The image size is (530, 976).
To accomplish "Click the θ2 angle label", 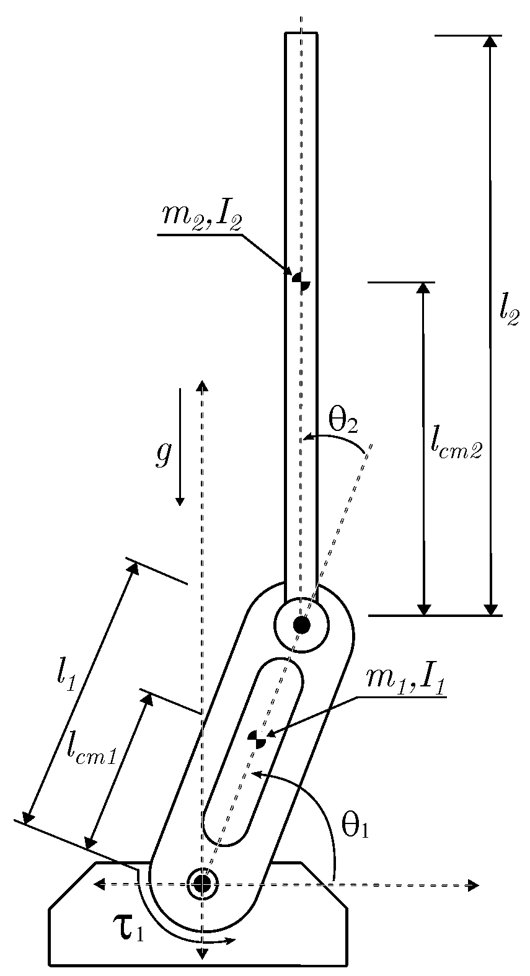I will coord(343,423).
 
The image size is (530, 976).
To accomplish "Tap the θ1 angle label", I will coord(355,826).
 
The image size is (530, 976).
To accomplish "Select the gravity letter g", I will coord(163,455).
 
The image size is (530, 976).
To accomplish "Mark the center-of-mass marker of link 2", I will coord(301,281).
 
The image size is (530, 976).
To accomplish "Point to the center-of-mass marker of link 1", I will coord(257,739).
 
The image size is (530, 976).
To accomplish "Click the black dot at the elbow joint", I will coord(301,624).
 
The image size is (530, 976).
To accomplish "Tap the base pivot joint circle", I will coord(201,883).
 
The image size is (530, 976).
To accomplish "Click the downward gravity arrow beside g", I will coord(180,446).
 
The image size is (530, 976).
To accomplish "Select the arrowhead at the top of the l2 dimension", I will coord(490,41).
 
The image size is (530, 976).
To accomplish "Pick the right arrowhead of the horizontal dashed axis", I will coord(474,885).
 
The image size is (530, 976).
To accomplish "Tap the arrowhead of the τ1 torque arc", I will coord(231,941).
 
